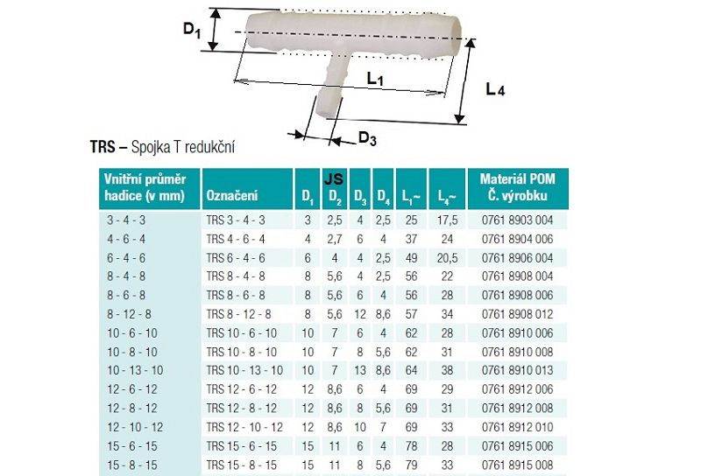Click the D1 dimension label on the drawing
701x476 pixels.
click(192, 30)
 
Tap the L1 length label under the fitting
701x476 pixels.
click(375, 79)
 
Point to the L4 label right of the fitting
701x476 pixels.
click(495, 89)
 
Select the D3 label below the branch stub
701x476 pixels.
click(367, 138)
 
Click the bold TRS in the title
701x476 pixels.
click(103, 146)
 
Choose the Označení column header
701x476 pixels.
click(232, 195)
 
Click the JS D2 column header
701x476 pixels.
click(335, 188)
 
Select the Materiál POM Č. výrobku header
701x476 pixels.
click(517, 187)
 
